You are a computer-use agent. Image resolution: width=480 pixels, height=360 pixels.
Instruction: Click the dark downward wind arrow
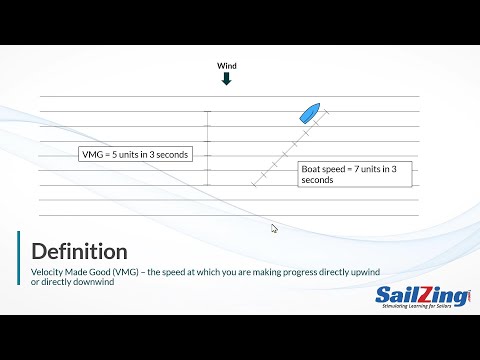pyautogui.click(x=226, y=79)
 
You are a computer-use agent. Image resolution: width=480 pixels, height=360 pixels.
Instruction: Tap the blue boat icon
pyautogui.click(x=308, y=112)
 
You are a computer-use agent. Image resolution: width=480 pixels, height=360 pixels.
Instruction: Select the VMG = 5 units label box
pyautogui.click(x=135, y=155)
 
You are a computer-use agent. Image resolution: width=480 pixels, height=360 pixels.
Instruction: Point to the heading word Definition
pyautogui.click(x=79, y=250)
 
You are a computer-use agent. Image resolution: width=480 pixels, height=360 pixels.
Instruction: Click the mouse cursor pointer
pyautogui.click(x=275, y=229)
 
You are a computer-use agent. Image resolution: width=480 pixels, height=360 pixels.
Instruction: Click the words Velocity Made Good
pyautogui.click(x=69, y=272)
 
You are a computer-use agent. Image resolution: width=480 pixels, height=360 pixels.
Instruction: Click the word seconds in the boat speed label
pyautogui.click(x=318, y=180)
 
